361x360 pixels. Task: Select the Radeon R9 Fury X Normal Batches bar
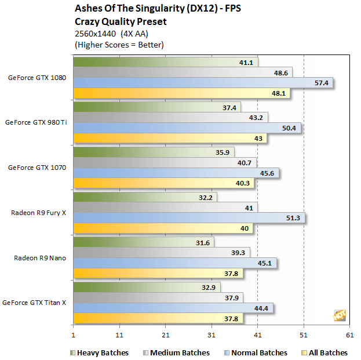coord(188,218)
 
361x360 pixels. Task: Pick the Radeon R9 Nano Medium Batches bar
coord(161,252)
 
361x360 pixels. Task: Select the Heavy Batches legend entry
coord(99,352)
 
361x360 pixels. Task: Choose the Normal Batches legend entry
coord(254,352)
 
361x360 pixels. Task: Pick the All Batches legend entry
coord(325,352)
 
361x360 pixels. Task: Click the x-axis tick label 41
coord(258,335)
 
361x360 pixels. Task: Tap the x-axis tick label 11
coord(119,335)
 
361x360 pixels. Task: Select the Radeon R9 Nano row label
coord(40,258)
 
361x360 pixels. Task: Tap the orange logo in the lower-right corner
coord(340,315)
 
